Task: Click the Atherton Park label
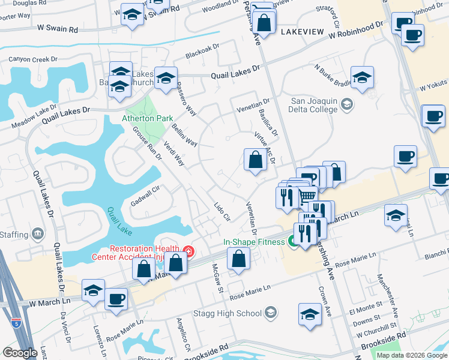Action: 148,119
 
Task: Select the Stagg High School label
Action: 229,313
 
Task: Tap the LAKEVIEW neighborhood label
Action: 301,31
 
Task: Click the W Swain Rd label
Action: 58,29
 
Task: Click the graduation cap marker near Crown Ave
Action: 310,314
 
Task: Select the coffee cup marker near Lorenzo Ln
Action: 116,298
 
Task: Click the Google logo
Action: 20,353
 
